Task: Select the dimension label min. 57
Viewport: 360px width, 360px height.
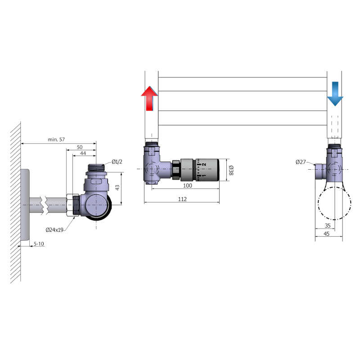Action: [56, 139]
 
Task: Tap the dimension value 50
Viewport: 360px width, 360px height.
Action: [80, 147]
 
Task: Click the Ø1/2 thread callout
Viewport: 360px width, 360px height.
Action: [117, 162]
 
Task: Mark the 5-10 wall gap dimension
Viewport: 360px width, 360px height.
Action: [39, 243]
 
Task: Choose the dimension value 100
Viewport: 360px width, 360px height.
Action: [187, 185]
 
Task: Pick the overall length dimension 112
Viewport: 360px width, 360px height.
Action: [182, 199]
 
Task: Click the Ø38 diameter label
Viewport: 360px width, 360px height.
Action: [231, 170]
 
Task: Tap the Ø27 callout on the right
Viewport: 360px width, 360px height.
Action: [301, 162]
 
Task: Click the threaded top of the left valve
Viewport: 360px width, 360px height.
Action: [96, 168]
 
